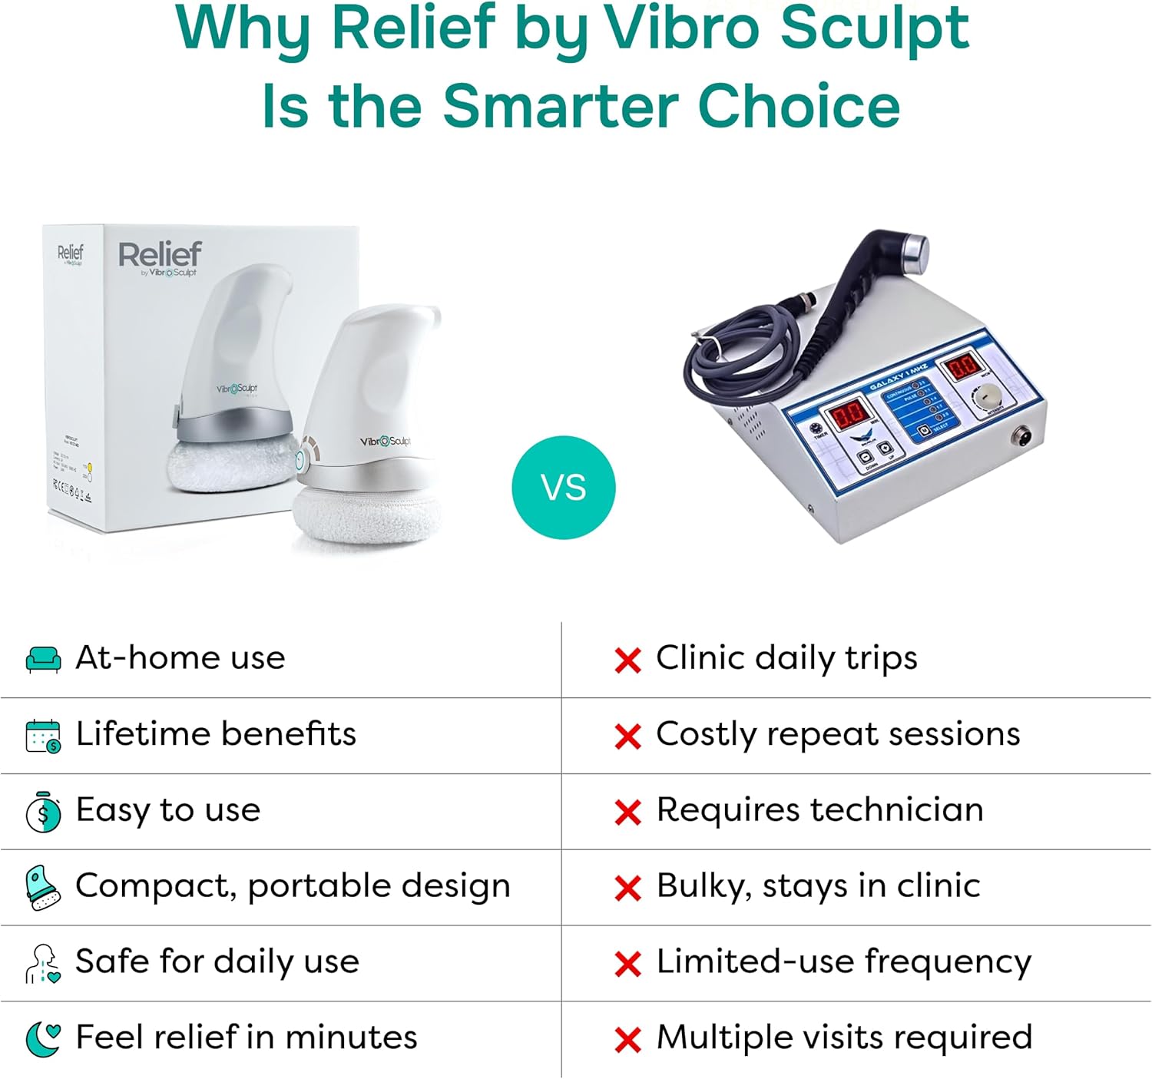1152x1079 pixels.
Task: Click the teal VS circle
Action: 564,488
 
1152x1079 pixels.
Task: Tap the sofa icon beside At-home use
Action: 43,659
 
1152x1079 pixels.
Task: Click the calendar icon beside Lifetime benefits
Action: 43,736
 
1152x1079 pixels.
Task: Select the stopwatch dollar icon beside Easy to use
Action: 43,812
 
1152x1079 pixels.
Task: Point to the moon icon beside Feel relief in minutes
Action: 43,1038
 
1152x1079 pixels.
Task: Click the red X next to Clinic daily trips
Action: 627,660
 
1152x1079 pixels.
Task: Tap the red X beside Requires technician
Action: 627,812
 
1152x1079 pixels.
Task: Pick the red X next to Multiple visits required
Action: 627,1040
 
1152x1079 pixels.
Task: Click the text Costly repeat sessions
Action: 838,734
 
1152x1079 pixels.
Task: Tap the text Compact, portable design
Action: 293,886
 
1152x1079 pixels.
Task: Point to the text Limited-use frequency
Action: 843,962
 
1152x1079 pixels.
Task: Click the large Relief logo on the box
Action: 160,254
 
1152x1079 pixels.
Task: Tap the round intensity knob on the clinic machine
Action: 988,395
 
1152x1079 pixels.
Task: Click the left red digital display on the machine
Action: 850,414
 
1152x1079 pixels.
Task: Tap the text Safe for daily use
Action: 217,962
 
